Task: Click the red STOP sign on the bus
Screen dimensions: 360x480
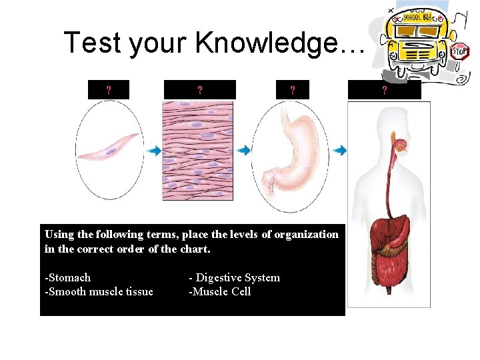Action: pos(460,51)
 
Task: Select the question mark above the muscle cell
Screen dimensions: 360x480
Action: pos(109,89)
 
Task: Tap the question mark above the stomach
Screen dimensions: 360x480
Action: pos(292,89)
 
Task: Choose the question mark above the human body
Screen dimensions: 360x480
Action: pos(385,89)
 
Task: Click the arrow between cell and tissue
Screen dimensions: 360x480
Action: pos(154,151)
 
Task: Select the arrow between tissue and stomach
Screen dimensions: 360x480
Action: pos(243,151)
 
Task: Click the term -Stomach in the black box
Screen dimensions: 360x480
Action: pos(67,277)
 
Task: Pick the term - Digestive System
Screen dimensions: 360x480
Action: pos(235,277)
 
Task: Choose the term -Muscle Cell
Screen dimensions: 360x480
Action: pos(220,291)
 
